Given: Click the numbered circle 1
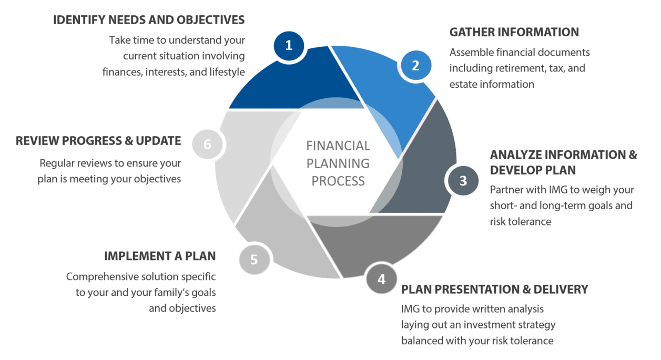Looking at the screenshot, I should tap(289, 46).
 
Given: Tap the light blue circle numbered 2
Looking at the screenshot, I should tap(415, 66).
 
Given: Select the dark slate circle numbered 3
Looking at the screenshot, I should tap(463, 181).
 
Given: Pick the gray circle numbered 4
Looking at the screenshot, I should tap(381, 279).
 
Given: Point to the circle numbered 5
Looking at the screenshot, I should tap(255, 260).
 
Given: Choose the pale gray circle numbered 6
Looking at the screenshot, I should tap(207, 144).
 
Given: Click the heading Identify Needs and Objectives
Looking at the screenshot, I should tap(149, 20).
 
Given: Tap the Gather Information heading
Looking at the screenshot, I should tap(514, 32).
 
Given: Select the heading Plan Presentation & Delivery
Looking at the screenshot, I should tap(494, 290).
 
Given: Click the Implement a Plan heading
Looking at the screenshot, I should tap(160, 256).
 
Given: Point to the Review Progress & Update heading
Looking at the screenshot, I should tap(98, 141).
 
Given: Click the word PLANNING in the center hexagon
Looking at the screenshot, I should tap(338, 163).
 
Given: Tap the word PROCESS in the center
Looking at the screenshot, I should tap(338, 181).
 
